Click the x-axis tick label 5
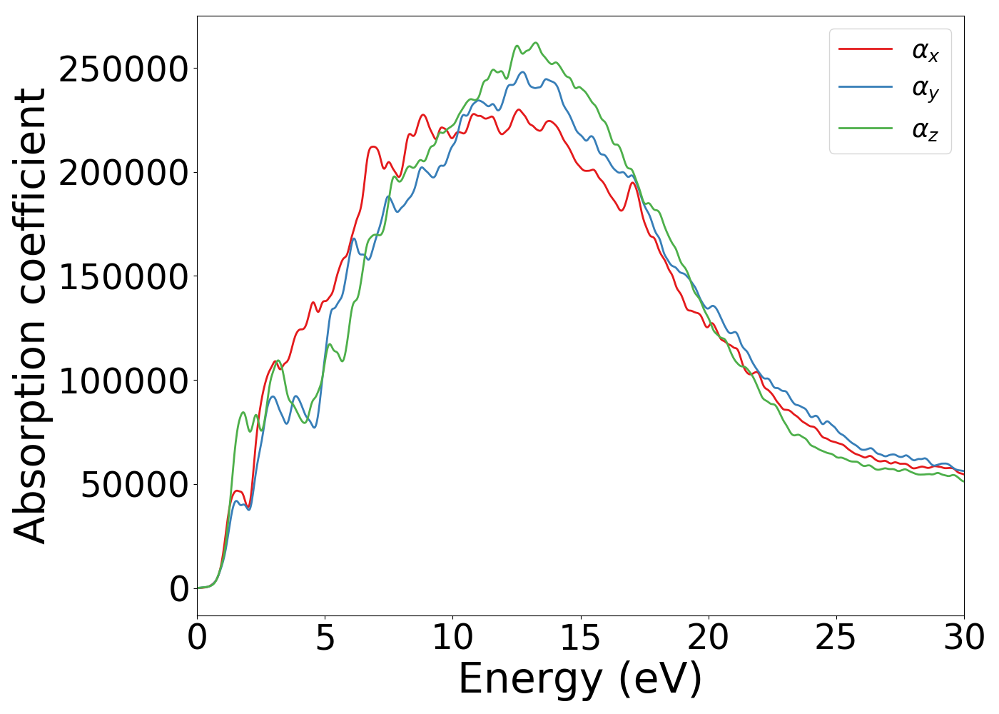[325, 638]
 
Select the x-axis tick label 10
[452, 638]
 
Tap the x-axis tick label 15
[580, 638]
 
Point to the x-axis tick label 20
[708, 638]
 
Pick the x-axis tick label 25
[836, 638]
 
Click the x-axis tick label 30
[963, 638]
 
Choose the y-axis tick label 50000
[134, 485]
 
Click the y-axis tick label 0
[179, 589]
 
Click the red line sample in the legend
[865, 49]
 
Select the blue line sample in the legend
[865, 87]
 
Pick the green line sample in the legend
[865, 129]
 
